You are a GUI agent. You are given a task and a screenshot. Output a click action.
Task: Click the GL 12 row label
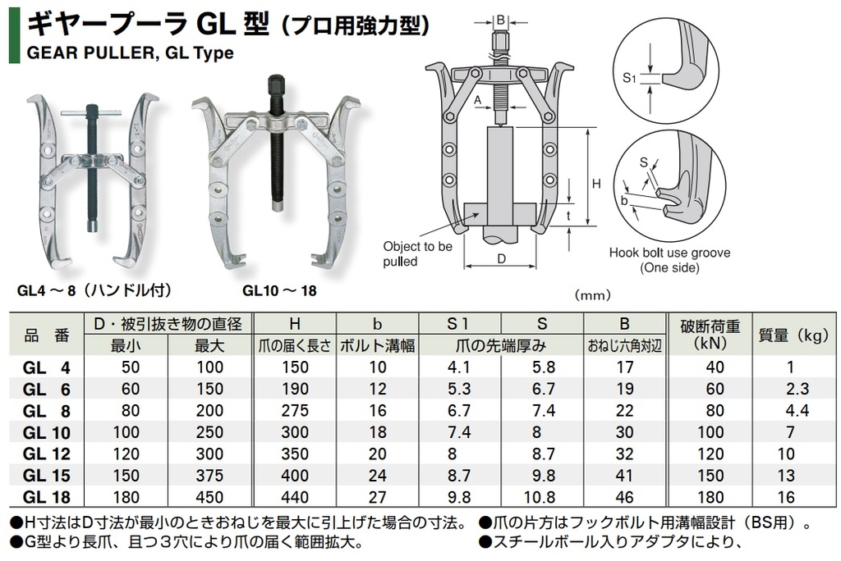(47, 454)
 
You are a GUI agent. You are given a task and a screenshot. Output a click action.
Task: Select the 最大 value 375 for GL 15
(209, 475)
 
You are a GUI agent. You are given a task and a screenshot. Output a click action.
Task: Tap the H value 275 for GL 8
(295, 410)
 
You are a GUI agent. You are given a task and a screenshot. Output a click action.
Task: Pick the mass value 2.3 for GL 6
(797, 389)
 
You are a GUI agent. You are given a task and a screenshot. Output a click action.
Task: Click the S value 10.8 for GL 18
(540, 497)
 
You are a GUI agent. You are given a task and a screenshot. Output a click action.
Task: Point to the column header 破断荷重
(710, 326)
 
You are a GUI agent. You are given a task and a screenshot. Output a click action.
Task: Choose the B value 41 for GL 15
(625, 475)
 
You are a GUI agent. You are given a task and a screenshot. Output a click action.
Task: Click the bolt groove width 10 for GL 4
(378, 367)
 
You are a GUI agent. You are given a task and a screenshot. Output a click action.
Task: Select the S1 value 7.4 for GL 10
(459, 432)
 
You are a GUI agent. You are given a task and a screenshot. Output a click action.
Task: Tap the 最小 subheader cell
(126, 345)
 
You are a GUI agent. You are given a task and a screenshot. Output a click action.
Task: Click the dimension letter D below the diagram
(502, 259)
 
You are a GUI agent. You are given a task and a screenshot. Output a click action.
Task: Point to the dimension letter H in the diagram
(596, 184)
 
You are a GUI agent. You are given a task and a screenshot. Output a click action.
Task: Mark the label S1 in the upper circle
(628, 78)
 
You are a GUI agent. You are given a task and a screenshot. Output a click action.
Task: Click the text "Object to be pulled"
(418, 254)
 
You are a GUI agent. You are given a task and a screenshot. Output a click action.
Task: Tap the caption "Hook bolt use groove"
(669, 253)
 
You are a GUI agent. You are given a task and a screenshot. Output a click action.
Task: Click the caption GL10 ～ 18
(279, 291)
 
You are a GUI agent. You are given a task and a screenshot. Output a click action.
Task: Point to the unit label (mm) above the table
(592, 294)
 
